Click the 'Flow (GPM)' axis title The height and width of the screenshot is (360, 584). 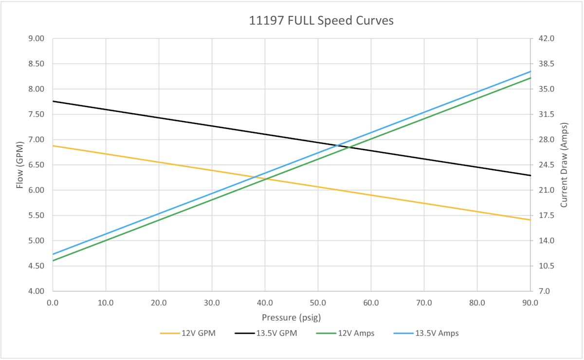[20, 165]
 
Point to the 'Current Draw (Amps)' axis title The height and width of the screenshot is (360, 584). [564, 165]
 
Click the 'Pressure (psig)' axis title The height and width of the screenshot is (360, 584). [291, 318]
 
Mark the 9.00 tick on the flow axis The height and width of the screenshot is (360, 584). [37, 38]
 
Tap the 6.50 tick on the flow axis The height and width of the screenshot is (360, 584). [37, 165]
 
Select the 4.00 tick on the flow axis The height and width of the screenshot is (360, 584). [37, 291]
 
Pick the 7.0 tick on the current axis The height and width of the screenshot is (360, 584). [545, 291]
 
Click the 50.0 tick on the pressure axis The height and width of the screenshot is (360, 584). [318, 302]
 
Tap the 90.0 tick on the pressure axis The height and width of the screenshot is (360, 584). [530, 302]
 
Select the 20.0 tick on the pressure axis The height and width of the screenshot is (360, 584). [159, 302]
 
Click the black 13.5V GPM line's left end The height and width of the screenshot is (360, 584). [53, 101]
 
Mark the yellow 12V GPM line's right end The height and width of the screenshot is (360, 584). [530, 220]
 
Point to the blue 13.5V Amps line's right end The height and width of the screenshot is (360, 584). [530, 72]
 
